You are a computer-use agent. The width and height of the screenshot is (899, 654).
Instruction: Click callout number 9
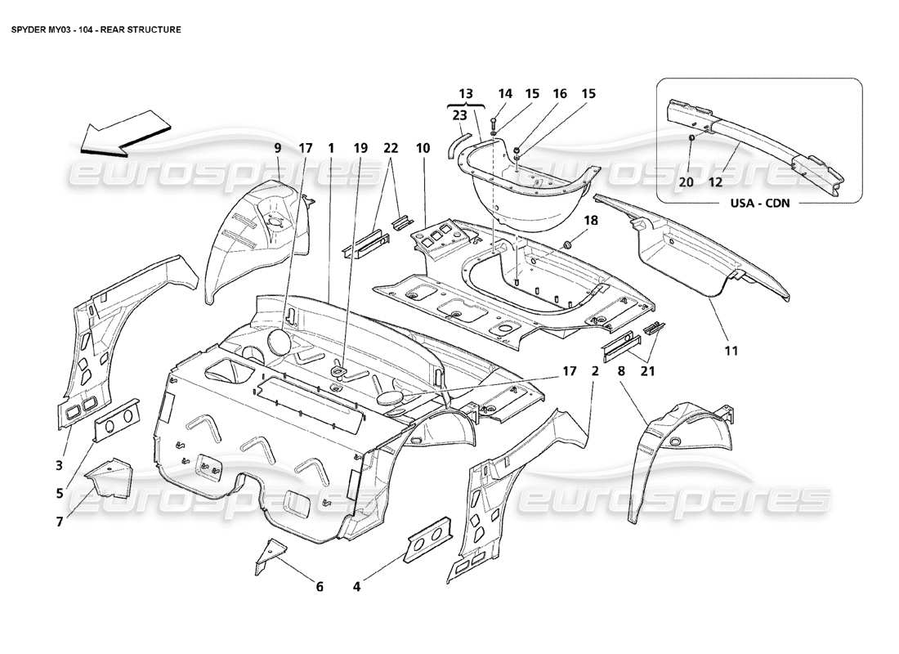[x=277, y=148]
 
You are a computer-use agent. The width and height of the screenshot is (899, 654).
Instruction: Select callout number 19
[x=360, y=148]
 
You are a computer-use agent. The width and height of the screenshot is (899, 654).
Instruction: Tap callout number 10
[x=423, y=148]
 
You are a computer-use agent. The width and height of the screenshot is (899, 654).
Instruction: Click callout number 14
[x=504, y=94]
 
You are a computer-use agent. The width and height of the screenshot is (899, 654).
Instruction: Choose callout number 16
[x=560, y=94]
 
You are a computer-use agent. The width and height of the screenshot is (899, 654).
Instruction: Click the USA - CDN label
[x=760, y=204]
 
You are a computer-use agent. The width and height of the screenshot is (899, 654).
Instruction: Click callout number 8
[x=623, y=370]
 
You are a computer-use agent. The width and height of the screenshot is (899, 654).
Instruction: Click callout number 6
[x=320, y=585]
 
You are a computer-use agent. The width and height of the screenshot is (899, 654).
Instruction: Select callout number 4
[x=357, y=585]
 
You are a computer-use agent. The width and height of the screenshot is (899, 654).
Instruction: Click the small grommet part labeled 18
[x=569, y=244]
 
